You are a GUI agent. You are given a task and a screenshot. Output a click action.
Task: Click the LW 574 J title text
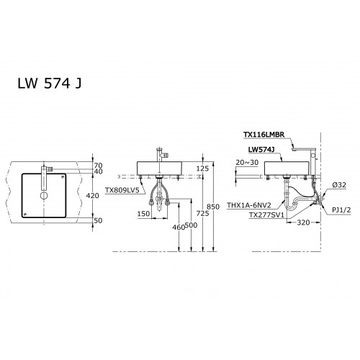click(x=50, y=84)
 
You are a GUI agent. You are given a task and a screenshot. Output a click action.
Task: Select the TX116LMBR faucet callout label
click(x=264, y=135)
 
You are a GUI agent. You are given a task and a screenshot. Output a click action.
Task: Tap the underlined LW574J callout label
click(x=261, y=150)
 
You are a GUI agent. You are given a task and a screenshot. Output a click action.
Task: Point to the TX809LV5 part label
click(x=122, y=190)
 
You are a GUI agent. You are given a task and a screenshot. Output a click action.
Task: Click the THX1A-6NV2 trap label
click(x=249, y=205)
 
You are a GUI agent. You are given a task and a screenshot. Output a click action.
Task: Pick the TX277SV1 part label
click(x=266, y=215)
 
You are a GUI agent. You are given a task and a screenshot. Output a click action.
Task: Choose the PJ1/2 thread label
click(x=341, y=210)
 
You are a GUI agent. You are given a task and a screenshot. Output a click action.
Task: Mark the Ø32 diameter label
click(x=339, y=185)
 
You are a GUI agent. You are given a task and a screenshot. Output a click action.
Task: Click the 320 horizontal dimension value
click(x=303, y=222)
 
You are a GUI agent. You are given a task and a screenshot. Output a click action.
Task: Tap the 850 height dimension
click(x=213, y=207)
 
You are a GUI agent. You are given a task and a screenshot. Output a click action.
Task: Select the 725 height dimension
click(x=202, y=213)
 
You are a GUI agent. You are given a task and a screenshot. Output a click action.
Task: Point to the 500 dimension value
click(x=192, y=225)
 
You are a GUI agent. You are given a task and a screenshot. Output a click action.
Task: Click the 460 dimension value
click(x=179, y=227)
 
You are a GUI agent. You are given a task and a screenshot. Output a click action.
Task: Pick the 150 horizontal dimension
click(x=143, y=214)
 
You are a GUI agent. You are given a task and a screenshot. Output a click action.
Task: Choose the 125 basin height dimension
click(x=202, y=168)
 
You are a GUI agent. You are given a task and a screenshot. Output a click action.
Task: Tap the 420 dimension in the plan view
click(x=93, y=196)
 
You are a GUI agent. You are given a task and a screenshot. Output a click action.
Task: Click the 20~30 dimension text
click(x=247, y=163)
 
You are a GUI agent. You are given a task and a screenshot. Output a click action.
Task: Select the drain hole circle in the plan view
click(x=44, y=196)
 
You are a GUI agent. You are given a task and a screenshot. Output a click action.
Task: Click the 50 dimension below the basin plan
click(x=98, y=220)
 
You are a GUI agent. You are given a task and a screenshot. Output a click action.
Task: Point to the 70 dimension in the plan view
click(x=98, y=166)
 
